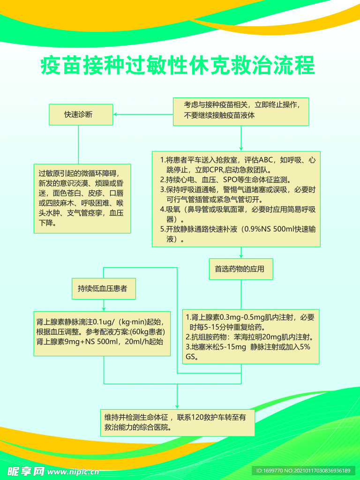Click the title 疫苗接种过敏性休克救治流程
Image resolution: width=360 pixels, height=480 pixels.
tap(178, 66)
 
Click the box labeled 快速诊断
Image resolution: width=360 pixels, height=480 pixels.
tap(81, 115)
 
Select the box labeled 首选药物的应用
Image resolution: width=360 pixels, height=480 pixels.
tap(240, 269)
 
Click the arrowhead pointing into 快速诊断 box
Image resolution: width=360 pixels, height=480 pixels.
tap(116, 114)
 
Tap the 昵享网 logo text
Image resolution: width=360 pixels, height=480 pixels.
tap(26, 471)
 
